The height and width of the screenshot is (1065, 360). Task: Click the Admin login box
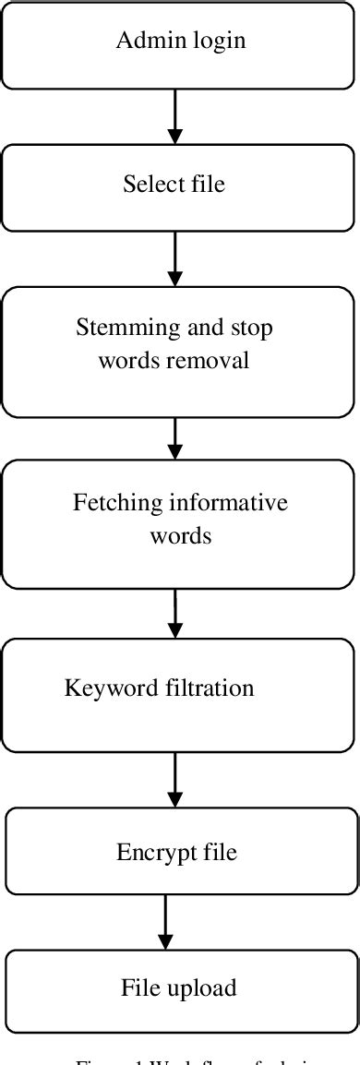click(x=180, y=43)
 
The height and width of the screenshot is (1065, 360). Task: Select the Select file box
click(x=180, y=185)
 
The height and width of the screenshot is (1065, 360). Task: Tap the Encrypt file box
click(x=182, y=851)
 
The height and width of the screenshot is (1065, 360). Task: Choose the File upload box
click(x=182, y=987)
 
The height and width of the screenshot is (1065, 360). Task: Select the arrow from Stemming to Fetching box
click(x=175, y=437)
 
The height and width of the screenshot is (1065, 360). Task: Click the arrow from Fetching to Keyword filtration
click(x=175, y=613)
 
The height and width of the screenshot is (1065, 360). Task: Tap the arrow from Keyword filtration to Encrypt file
click(x=174, y=779)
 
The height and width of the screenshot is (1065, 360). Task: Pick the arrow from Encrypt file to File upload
click(x=166, y=921)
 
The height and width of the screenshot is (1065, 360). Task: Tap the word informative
click(x=229, y=503)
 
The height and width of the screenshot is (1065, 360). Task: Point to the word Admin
click(x=145, y=41)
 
